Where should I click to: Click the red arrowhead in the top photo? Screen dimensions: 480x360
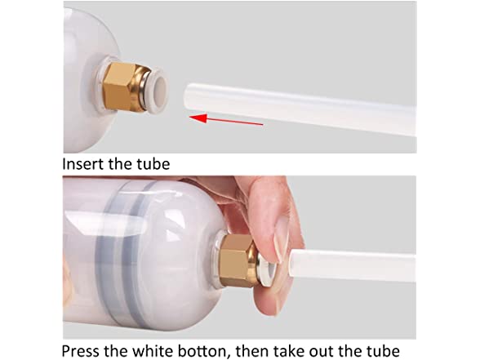(x=198, y=118)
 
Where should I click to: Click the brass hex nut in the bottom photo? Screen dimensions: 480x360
(x=238, y=260)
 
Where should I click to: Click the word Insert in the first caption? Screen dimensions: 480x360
(x=82, y=164)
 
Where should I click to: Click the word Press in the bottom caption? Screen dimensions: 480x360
(x=81, y=350)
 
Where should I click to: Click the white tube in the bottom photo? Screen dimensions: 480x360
(x=352, y=265)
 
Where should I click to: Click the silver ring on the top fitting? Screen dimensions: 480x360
(x=144, y=89)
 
